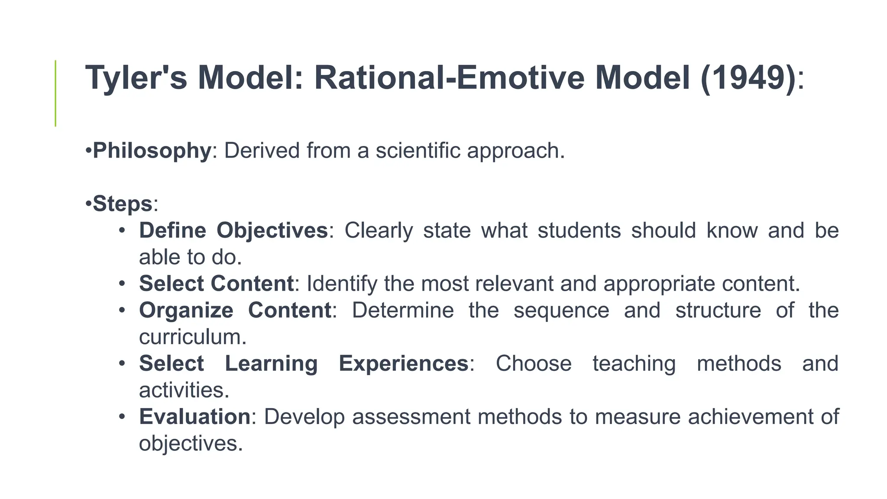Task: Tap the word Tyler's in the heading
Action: click(x=136, y=78)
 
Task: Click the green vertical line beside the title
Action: click(x=55, y=93)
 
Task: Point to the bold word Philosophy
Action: click(x=152, y=151)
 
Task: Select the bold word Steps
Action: click(x=123, y=204)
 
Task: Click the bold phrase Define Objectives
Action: click(x=233, y=230)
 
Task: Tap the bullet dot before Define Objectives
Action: click(x=122, y=230)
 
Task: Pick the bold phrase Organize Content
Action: click(x=235, y=311)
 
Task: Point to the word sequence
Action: click(x=561, y=311)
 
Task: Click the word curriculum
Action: click(x=192, y=337)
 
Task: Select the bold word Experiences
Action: click(x=403, y=363)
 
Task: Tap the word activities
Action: click(x=184, y=390)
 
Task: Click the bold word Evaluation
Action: click(x=194, y=417)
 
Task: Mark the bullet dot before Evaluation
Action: click(x=122, y=417)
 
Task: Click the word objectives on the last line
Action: click(x=191, y=444)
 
